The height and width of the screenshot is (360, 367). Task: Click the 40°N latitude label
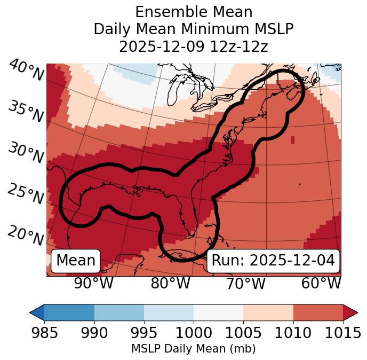[26, 71]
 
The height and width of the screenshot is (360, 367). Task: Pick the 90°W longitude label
[94, 284]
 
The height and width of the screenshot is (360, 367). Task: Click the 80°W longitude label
[171, 284]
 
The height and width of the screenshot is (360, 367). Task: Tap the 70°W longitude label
[246, 284]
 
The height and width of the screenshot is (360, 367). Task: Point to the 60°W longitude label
[321, 284]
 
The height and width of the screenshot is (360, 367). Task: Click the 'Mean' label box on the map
[76, 261]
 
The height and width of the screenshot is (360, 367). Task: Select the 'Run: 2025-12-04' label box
[273, 261]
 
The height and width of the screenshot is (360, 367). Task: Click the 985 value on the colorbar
[44, 333]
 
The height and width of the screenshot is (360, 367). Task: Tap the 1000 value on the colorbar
[194, 333]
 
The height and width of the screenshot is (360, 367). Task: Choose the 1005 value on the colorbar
[243, 333]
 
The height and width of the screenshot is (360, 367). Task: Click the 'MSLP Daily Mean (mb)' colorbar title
[193, 349]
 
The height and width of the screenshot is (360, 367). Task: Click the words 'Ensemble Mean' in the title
[193, 12]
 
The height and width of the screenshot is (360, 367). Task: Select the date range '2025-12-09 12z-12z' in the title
[193, 46]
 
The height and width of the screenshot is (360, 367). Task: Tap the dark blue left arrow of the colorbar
[37, 312]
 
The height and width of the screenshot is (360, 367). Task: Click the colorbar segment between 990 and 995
[119, 312]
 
